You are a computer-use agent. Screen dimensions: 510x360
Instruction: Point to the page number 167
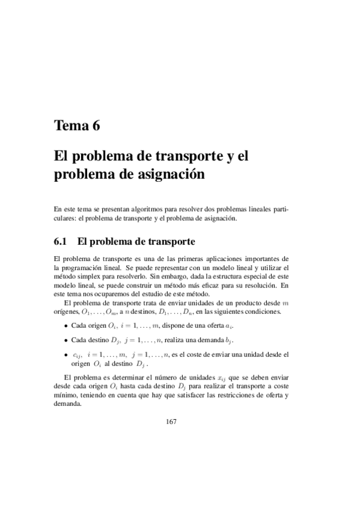(x=171, y=422)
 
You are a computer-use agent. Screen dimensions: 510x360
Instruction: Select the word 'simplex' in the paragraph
(x=87, y=276)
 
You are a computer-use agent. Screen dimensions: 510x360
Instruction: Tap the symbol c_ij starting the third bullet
(x=77, y=355)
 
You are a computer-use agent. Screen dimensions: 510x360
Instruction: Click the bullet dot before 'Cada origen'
(x=66, y=326)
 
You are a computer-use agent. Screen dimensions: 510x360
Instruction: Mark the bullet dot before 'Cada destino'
(x=66, y=340)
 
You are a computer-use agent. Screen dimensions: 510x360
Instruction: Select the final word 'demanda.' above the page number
(x=67, y=404)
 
